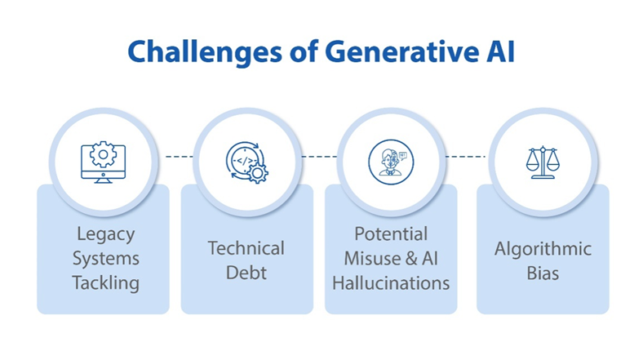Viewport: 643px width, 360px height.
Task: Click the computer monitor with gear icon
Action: coord(102,161)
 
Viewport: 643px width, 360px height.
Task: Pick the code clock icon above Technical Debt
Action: coord(246,161)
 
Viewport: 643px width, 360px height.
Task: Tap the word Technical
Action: coord(246,248)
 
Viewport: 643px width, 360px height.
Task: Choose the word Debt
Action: coord(246,272)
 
